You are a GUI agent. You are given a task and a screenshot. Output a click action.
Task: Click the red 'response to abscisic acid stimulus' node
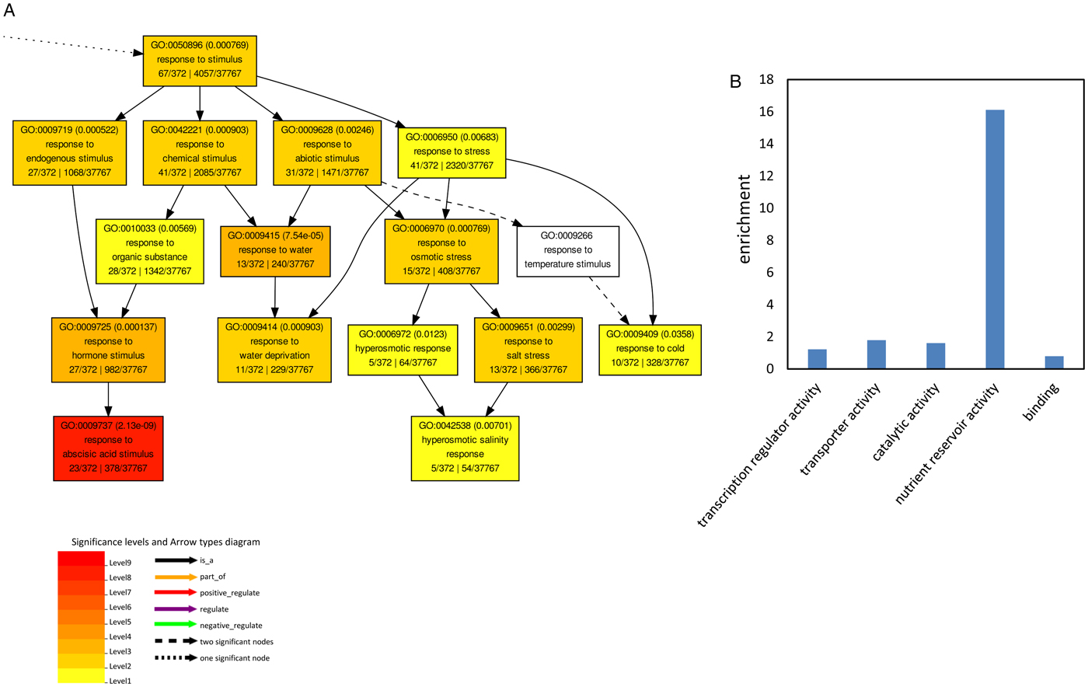click(108, 448)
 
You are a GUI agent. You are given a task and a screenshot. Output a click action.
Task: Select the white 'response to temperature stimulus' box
click(567, 250)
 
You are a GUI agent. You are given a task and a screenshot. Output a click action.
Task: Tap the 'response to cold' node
click(650, 349)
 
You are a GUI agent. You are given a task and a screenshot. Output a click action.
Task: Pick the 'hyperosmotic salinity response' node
click(465, 448)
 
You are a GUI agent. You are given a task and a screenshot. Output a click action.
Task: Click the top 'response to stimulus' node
click(200, 60)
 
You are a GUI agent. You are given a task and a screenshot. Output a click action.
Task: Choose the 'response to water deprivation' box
click(274, 349)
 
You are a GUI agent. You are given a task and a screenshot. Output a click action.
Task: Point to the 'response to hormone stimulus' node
click(108, 349)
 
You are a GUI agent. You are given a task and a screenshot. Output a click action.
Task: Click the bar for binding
click(1054, 362)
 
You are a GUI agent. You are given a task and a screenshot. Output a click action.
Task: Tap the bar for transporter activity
click(877, 354)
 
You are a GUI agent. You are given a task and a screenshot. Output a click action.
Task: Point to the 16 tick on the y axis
click(766, 112)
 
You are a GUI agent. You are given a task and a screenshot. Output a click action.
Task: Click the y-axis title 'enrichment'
click(745, 219)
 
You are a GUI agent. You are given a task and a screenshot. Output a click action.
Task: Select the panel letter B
click(736, 82)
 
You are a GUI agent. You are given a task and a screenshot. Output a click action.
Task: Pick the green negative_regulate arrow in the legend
click(176, 625)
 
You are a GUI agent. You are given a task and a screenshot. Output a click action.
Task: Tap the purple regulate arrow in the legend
click(176, 609)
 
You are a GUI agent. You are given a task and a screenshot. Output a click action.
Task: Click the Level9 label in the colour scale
click(120, 563)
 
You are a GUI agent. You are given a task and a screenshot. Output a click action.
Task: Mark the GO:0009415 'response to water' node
click(275, 250)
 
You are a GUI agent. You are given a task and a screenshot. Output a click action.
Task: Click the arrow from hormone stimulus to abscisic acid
click(108, 399)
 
